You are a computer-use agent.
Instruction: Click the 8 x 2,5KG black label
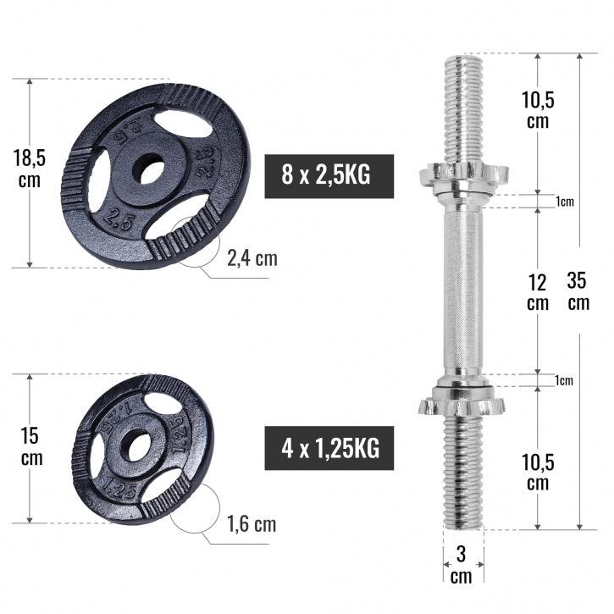[x=329, y=176]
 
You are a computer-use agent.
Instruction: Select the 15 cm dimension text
[x=31, y=447]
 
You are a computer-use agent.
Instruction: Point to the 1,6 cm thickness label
[x=252, y=524]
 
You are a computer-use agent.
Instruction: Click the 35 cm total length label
[x=578, y=290]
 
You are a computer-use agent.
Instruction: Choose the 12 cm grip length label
[x=537, y=290]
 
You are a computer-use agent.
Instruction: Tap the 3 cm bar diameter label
[x=462, y=565]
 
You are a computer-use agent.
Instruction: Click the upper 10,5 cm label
[x=537, y=110]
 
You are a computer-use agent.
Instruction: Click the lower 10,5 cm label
[x=537, y=472]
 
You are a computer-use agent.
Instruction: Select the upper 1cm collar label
[x=564, y=202]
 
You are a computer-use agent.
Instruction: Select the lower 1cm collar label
[x=564, y=381]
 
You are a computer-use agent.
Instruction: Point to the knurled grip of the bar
[x=462, y=288]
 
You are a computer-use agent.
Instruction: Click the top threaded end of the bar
[x=462, y=102]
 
